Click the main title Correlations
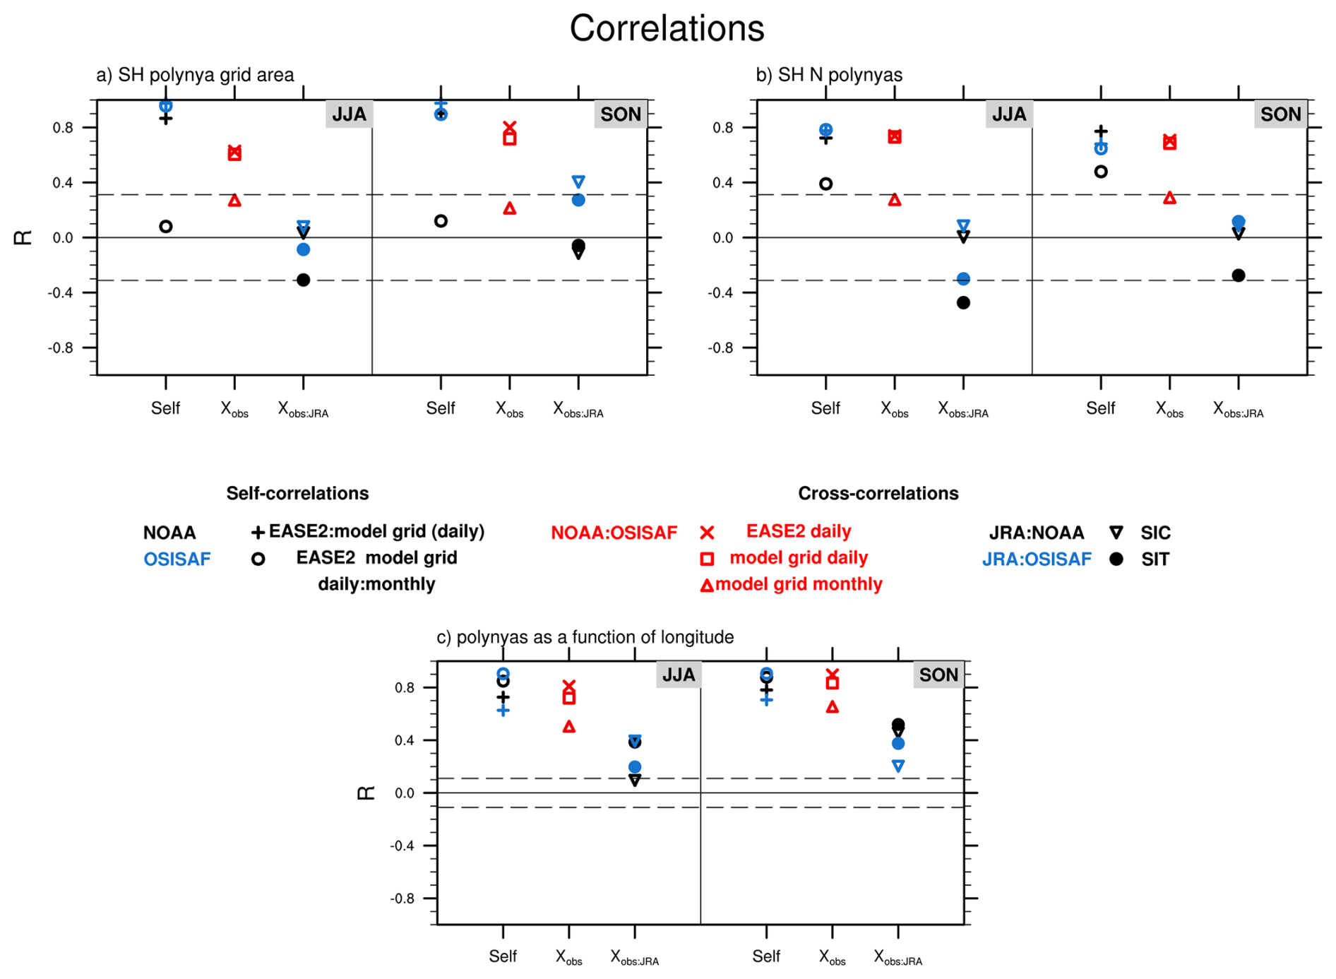pyautogui.click(x=667, y=29)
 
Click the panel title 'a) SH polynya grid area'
pyautogui.click(x=195, y=75)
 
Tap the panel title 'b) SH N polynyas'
pyautogui.click(x=829, y=75)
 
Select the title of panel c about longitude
pyautogui.click(x=585, y=637)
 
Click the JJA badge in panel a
pyautogui.click(x=349, y=114)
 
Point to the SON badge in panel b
pyautogui.click(x=1280, y=114)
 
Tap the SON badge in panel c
pyautogui.click(x=938, y=675)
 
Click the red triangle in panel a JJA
pyautogui.click(x=234, y=201)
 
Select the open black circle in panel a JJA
pyautogui.click(x=166, y=227)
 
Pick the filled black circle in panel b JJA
pyautogui.click(x=963, y=303)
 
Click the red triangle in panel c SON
pyautogui.click(x=833, y=707)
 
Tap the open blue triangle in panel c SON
pyautogui.click(x=898, y=766)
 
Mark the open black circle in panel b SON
pyautogui.click(x=1101, y=172)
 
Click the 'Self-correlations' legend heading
pyautogui.click(x=297, y=493)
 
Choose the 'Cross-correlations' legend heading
pyautogui.click(x=878, y=493)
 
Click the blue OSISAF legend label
pyautogui.click(x=177, y=559)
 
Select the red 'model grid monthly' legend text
pyautogui.click(x=799, y=584)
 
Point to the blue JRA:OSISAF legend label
pyautogui.click(x=1036, y=559)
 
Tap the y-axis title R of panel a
pyautogui.click(x=23, y=237)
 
